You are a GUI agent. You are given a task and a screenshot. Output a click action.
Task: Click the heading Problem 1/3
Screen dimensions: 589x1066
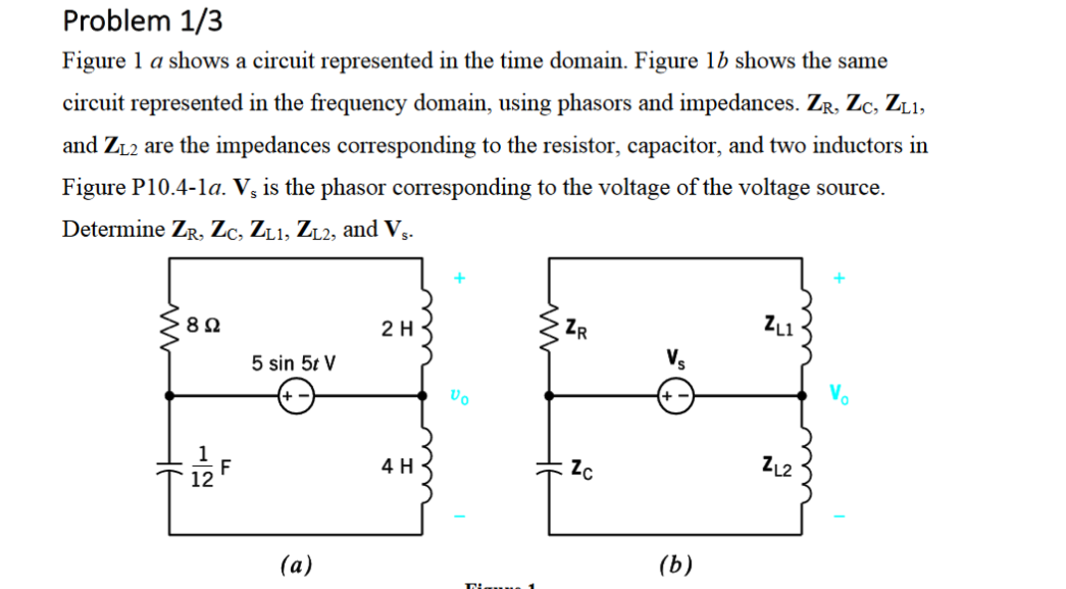coord(142,21)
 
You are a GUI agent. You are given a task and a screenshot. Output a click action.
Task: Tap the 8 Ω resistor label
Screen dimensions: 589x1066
coord(203,325)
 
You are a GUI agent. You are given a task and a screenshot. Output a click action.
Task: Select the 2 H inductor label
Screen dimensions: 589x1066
coord(397,329)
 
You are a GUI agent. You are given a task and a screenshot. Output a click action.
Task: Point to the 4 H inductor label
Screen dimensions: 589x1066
coord(397,466)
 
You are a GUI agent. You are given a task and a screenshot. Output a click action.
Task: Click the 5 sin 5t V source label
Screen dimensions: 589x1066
coord(293,363)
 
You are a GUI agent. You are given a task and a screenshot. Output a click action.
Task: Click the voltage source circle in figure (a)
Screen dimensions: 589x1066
coord(296,396)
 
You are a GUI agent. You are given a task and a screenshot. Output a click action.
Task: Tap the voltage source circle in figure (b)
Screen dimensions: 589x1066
coord(676,396)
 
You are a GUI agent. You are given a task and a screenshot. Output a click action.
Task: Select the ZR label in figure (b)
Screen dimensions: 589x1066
coord(576,329)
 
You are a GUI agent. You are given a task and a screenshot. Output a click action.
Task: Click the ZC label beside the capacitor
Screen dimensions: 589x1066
coord(581,469)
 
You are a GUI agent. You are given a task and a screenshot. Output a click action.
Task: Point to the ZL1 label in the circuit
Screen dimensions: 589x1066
coord(778,326)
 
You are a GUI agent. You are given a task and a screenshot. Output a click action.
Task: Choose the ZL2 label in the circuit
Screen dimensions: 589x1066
coord(777,466)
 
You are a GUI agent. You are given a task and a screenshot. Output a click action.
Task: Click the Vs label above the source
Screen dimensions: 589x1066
coord(676,359)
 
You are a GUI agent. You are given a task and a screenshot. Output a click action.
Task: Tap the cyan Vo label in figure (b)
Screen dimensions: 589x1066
coord(839,394)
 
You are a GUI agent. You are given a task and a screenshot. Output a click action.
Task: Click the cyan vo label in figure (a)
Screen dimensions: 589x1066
coord(459,396)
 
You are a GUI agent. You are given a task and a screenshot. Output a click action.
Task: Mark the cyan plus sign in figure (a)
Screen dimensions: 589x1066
coord(459,278)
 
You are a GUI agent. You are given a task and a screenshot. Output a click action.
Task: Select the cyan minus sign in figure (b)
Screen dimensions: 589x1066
coord(839,516)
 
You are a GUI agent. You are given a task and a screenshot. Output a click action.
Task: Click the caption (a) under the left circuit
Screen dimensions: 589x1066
coord(296,565)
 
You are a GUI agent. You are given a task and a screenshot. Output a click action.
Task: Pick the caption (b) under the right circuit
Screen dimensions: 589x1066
coord(676,565)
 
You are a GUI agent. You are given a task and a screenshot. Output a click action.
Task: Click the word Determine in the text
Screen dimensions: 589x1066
coord(114,229)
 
